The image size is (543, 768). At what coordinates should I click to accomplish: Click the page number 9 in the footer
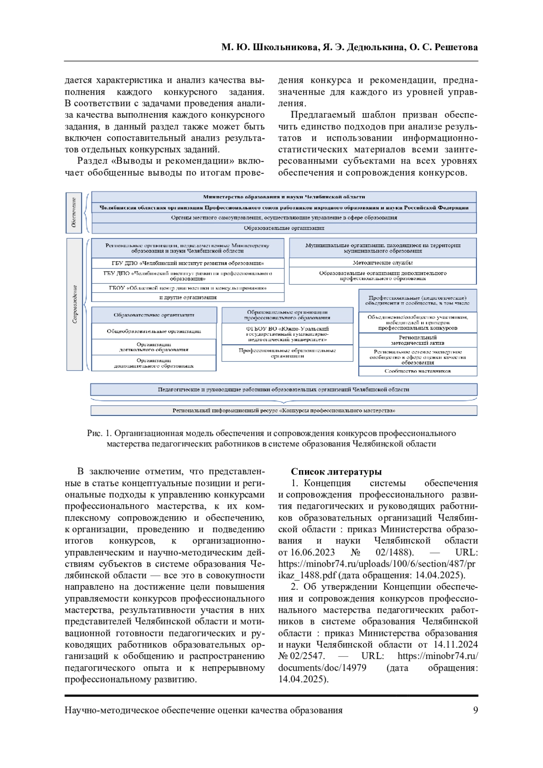tap(475, 710)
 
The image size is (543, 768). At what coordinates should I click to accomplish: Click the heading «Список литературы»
tap(336, 472)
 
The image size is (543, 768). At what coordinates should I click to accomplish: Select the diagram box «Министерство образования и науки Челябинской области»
tap(284, 197)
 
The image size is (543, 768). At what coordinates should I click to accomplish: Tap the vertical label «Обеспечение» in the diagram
tap(74, 213)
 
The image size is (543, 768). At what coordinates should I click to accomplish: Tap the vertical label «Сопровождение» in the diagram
tap(75, 304)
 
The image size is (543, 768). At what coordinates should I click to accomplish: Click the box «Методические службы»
tap(382, 262)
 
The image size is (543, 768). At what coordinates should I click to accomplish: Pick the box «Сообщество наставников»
tap(417, 371)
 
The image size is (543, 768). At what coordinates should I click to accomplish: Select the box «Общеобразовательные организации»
tap(154, 331)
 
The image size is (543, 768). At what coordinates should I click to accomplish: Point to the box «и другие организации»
tap(188, 297)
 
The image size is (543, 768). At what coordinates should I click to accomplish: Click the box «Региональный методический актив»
tap(417, 340)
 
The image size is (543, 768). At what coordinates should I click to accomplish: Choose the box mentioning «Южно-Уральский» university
tap(287, 334)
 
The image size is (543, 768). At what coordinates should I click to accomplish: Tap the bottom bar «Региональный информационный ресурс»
tap(284, 410)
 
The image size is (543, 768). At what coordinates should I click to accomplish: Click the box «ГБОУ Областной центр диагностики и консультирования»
tap(188, 288)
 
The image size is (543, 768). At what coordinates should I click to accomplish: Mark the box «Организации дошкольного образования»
tap(154, 347)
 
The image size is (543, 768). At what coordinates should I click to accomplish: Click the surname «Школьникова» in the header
tap(285, 48)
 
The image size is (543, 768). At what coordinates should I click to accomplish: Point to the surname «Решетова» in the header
tap(456, 48)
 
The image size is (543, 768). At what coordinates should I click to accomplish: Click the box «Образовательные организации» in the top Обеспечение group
tap(284, 228)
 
